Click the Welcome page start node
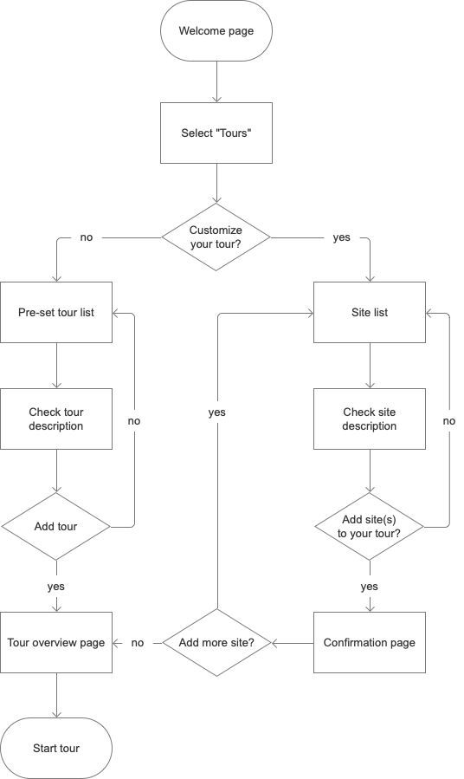tap(216, 32)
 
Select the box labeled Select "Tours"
tap(216, 133)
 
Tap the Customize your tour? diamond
tap(216, 237)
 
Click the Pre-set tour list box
tap(56, 312)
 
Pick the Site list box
tap(370, 312)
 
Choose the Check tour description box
tap(56, 419)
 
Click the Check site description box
tap(370, 419)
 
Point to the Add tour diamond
tap(56, 526)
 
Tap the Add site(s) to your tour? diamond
tap(370, 526)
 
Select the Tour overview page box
tap(56, 643)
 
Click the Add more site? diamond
tap(216, 643)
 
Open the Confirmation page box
tap(370, 643)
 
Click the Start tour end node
tap(56, 748)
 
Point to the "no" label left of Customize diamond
tap(87, 237)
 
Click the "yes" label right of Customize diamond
tap(342, 237)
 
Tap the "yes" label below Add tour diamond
tap(56, 587)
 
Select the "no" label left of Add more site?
tap(138, 643)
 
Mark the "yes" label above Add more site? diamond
tap(216, 412)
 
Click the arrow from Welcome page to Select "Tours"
tap(216, 81)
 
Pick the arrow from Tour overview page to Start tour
tap(56, 696)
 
